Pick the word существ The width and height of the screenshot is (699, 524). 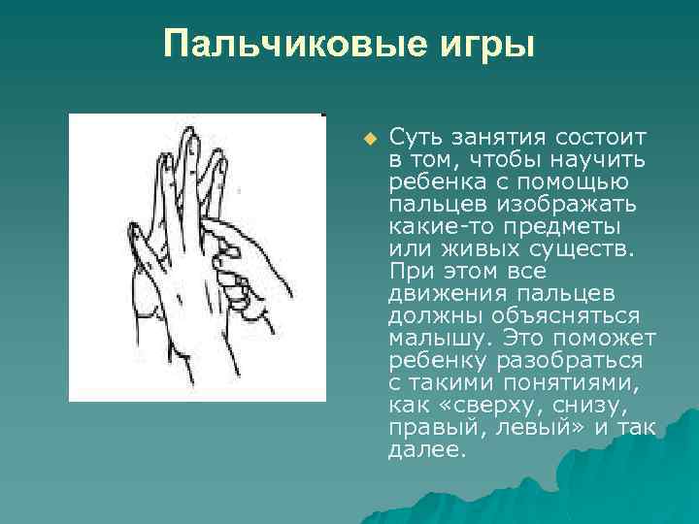point(580,247)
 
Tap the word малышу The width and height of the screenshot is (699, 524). point(434,338)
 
